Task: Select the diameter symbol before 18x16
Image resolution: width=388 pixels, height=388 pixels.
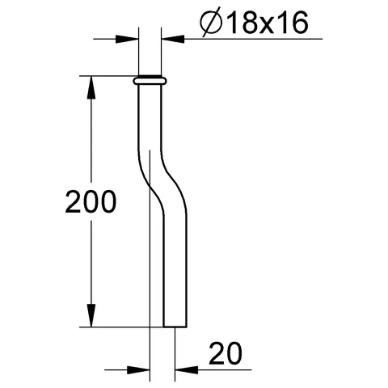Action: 212,23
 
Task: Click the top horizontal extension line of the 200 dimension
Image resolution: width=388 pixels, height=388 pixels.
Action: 105,76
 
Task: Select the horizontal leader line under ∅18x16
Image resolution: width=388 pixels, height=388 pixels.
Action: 242,38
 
